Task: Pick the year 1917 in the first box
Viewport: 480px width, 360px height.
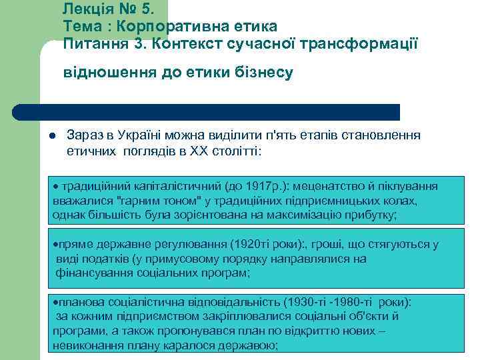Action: (x=249, y=186)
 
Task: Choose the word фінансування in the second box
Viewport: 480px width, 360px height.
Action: (x=91, y=273)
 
